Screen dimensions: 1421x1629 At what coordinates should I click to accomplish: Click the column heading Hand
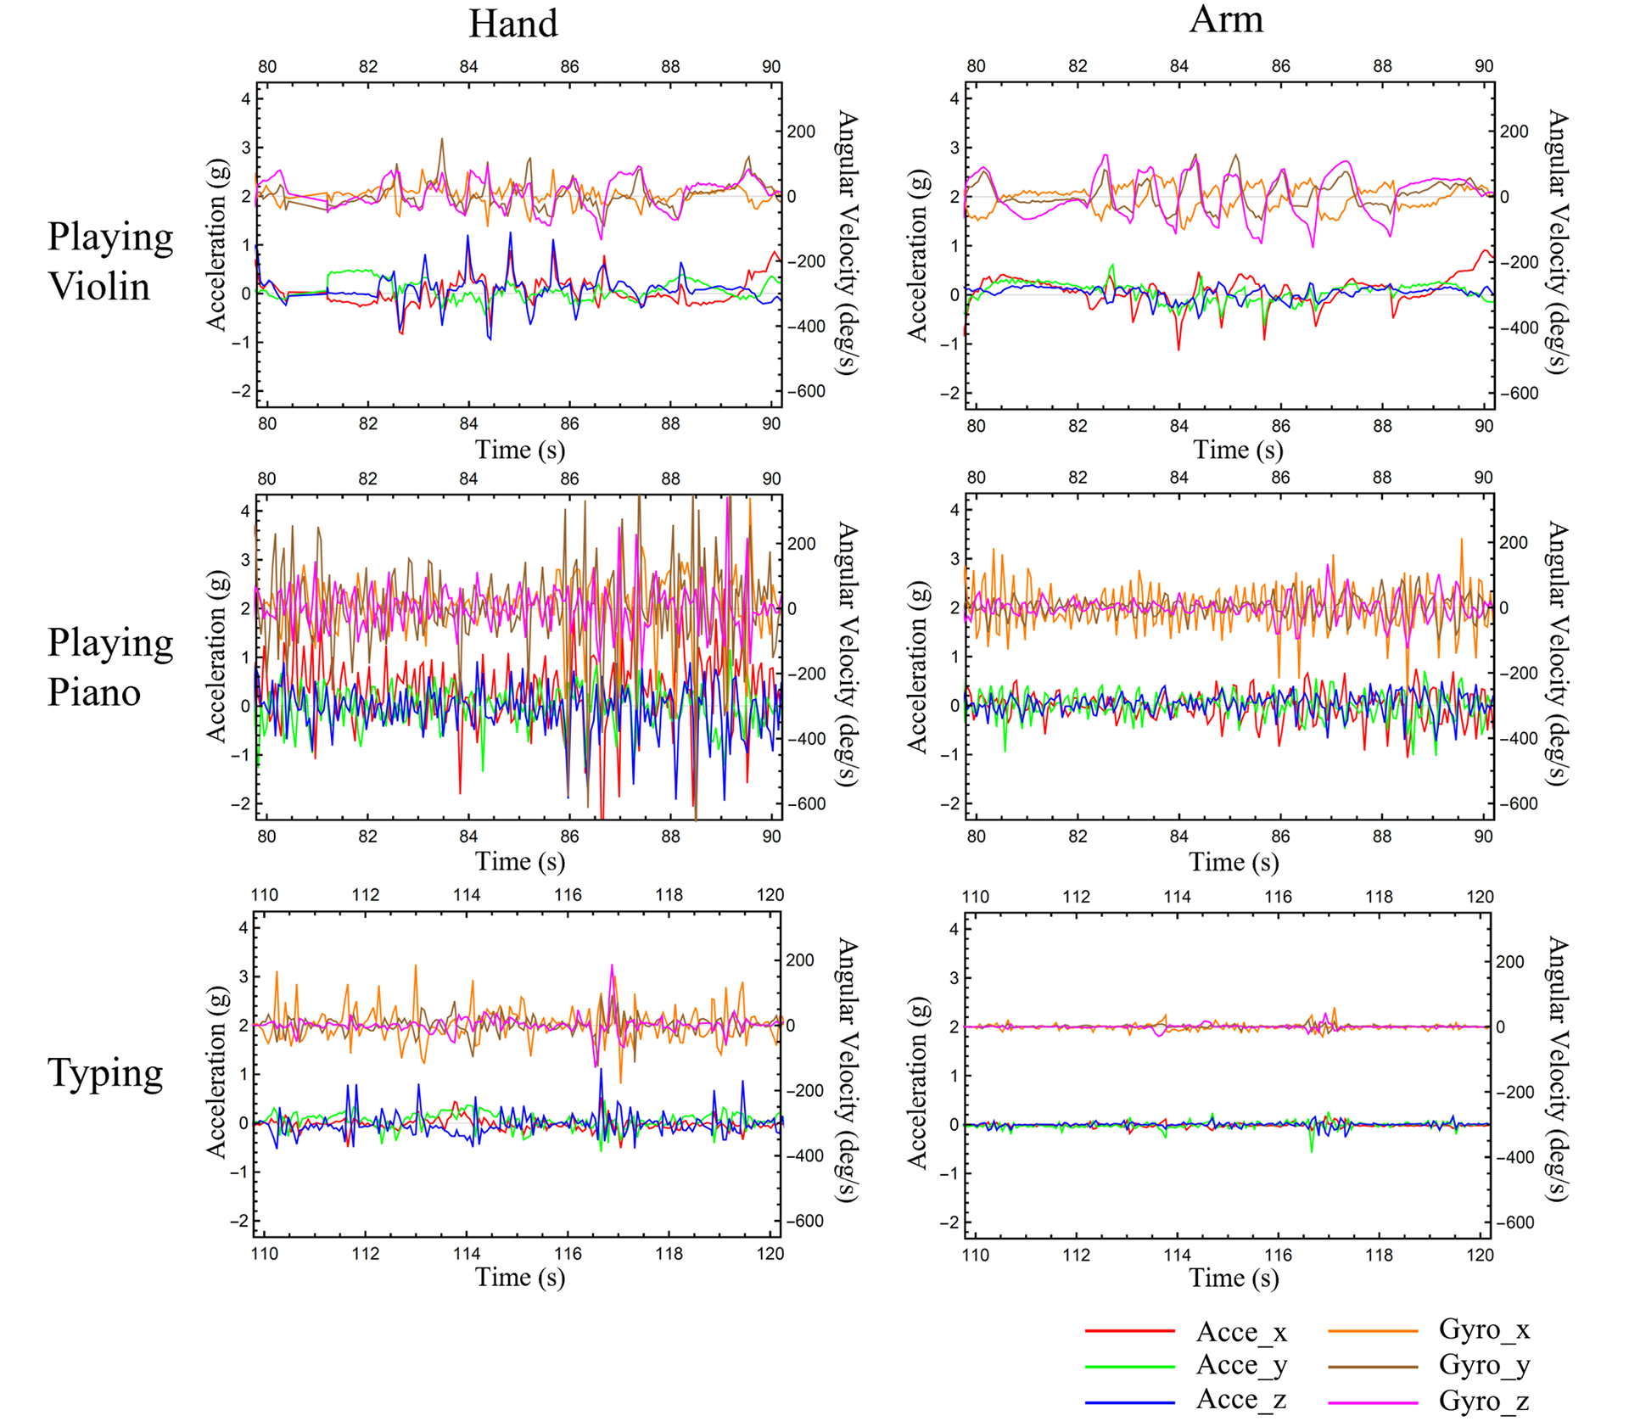coord(512,24)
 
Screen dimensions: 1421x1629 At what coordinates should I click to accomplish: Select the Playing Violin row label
coord(109,261)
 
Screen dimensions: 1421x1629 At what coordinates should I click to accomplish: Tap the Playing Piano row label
coord(109,668)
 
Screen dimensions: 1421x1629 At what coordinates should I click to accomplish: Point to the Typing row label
coord(105,1073)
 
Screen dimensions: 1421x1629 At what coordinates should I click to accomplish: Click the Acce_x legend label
coord(1241,1332)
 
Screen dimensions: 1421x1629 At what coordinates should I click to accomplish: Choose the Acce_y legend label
coord(1241,1365)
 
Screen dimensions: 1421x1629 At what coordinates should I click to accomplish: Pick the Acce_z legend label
coord(1241,1400)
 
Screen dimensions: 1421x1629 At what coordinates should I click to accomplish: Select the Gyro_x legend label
coord(1484,1329)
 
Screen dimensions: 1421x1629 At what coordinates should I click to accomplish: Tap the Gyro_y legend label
coord(1484,1365)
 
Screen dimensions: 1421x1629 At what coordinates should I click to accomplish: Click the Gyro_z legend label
coord(1484,1401)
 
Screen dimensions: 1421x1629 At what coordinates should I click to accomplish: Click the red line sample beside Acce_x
coord(1129,1332)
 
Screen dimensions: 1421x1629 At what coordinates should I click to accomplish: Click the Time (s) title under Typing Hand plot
coord(519,1277)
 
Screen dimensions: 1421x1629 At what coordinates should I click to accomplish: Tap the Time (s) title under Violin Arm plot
coord(1237,450)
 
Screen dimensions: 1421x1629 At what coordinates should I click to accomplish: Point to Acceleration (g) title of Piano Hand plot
coord(217,656)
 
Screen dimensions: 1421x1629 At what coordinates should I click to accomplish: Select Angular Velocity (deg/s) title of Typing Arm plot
coord(1558,1069)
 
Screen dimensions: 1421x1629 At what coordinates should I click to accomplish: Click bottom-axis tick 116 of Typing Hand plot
coord(568,1254)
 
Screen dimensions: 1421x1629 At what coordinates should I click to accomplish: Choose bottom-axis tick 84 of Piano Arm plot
coord(1178,836)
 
